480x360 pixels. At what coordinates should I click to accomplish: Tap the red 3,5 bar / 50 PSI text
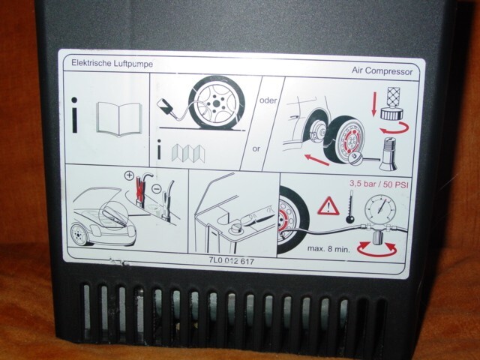coord(379,182)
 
